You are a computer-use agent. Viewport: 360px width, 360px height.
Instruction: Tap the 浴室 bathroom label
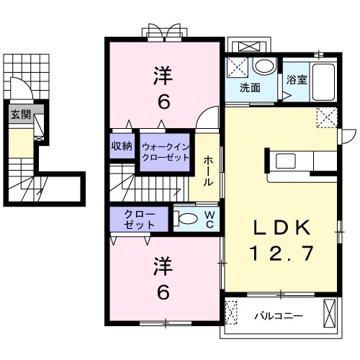(x=297, y=81)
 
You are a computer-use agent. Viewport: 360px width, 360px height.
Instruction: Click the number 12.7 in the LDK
(x=282, y=253)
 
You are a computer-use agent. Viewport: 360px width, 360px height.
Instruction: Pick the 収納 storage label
(x=122, y=145)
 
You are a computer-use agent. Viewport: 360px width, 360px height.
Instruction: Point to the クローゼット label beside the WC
(x=138, y=220)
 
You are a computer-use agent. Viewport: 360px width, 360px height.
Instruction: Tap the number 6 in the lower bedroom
(x=164, y=293)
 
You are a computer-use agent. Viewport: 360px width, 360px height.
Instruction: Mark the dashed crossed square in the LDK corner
(x=327, y=117)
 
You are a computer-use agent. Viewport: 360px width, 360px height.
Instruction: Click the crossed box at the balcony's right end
(x=330, y=315)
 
